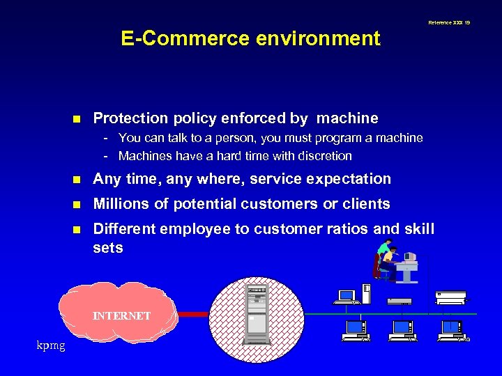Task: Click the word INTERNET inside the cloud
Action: (x=122, y=315)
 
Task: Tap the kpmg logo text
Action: (x=51, y=345)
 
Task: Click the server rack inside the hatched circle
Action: (x=257, y=314)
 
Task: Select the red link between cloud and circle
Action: (x=193, y=315)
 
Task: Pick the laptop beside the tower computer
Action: (x=347, y=297)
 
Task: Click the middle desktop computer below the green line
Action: (x=403, y=329)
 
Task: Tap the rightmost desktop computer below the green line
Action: (x=452, y=329)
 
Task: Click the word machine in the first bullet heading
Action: (x=344, y=118)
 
